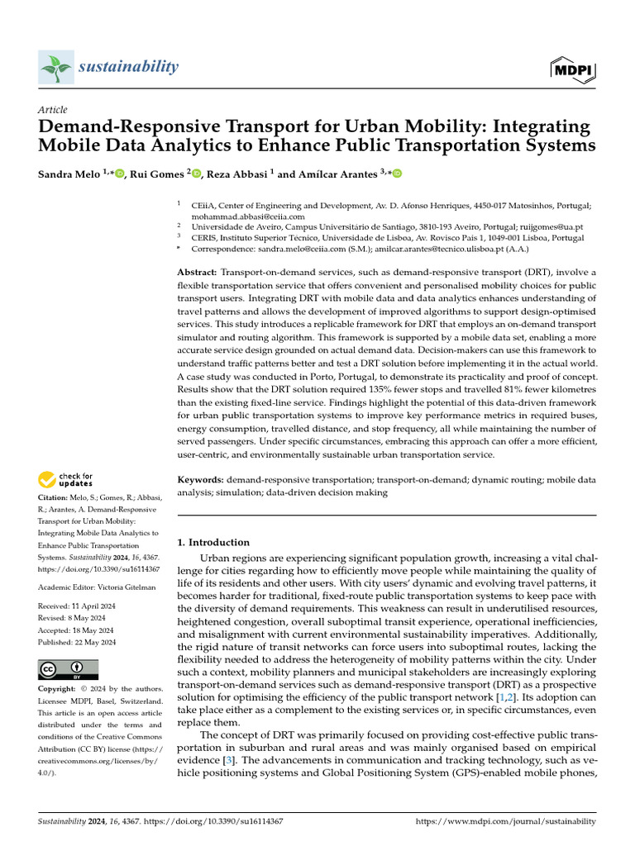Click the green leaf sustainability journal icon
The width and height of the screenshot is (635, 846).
(x=56, y=67)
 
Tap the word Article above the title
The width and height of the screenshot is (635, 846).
(x=53, y=110)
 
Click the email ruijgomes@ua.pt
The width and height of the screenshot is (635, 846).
(x=554, y=226)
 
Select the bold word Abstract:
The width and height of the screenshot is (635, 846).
(x=198, y=273)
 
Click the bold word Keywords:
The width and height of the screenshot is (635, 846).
(x=201, y=479)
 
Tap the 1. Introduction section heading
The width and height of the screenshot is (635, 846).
(x=214, y=543)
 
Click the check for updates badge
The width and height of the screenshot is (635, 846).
(x=66, y=478)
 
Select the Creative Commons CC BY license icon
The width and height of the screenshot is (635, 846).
(x=68, y=669)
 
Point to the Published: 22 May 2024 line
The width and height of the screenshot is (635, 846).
(x=78, y=642)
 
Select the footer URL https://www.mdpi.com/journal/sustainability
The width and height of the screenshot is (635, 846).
(x=505, y=821)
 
